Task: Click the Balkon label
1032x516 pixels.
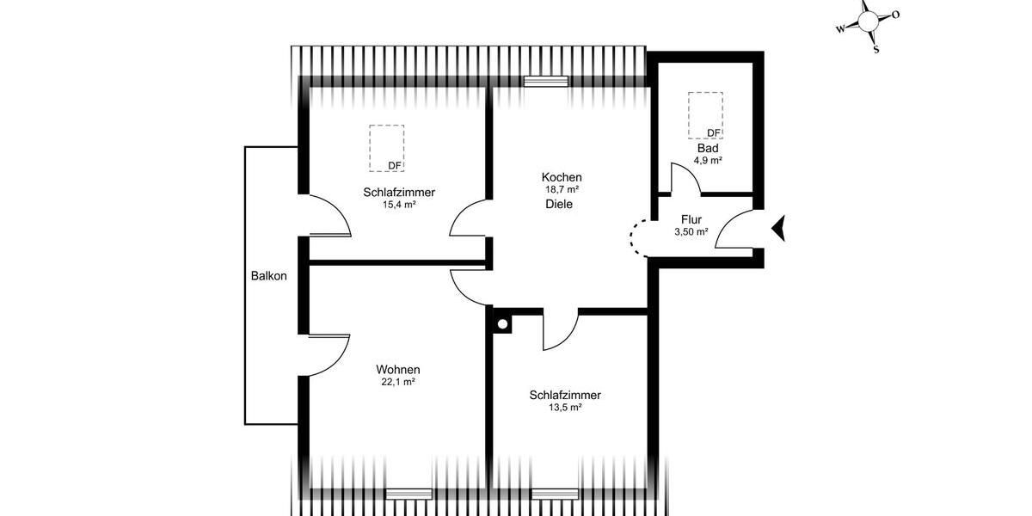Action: pyautogui.click(x=268, y=276)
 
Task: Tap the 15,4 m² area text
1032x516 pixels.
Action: pyautogui.click(x=399, y=205)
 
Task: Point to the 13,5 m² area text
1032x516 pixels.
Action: pyautogui.click(x=565, y=408)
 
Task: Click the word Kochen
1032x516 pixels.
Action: pyautogui.click(x=562, y=176)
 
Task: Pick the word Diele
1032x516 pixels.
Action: pyautogui.click(x=558, y=205)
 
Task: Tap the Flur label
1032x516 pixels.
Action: pyautogui.click(x=691, y=219)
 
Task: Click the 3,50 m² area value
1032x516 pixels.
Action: pyautogui.click(x=691, y=232)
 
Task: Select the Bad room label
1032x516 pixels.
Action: pyautogui.click(x=708, y=148)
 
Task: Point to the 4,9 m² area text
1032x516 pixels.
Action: pyautogui.click(x=708, y=160)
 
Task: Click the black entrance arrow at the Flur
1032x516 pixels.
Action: pyautogui.click(x=779, y=228)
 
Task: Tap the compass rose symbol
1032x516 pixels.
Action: pyautogui.click(x=869, y=19)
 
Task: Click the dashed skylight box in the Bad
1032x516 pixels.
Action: pyautogui.click(x=705, y=114)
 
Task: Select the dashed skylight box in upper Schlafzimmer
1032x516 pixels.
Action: pyautogui.click(x=387, y=148)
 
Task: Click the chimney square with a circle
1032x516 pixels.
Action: pyautogui.click(x=501, y=323)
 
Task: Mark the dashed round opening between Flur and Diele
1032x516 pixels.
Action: pyautogui.click(x=638, y=236)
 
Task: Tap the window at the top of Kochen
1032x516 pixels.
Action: pyautogui.click(x=546, y=82)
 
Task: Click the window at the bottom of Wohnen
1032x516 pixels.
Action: pyautogui.click(x=408, y=493)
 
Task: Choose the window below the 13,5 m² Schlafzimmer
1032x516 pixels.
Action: pyautogui.click(x=555, y=493)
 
